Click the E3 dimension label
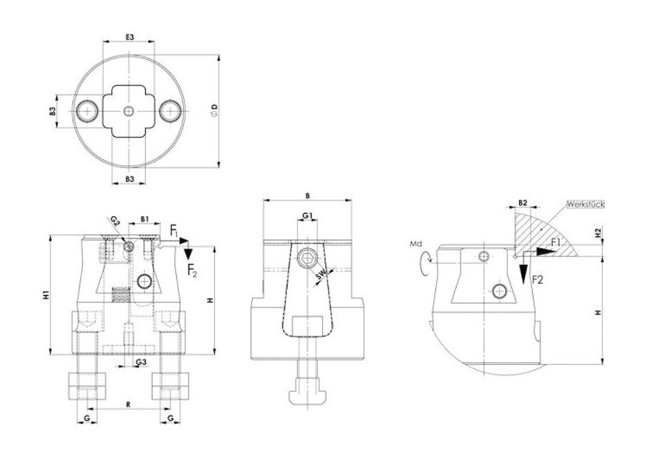(x=129, y=37)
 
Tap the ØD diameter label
(x=214, y=111)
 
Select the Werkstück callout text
(x=586, y=205)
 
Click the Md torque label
(x=416, y=244)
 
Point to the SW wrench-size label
(x=321, y=274)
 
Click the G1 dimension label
(x=307, y=216)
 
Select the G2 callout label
(x=115, y=221)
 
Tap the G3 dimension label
(x=141, y=361)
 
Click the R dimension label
(x=129, y=404)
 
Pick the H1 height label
(x=46, y=294)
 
